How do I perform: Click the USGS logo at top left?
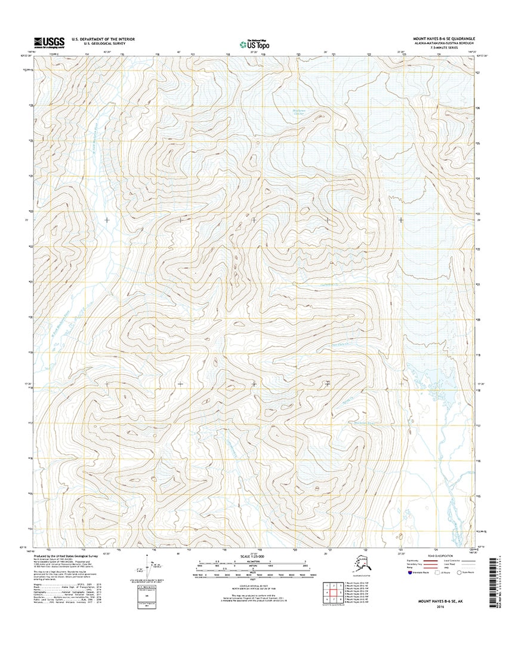pyautogui.click(x=45, y=41)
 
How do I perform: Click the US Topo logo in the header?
pyautogui.click(x=253, y=43)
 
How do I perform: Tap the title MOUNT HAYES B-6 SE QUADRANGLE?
pyautogui.click(x=442, y=38)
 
